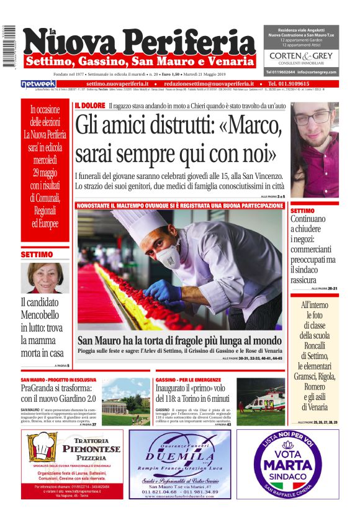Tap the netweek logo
38,84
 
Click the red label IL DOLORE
90,106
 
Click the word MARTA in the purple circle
287,464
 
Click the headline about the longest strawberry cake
179,340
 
